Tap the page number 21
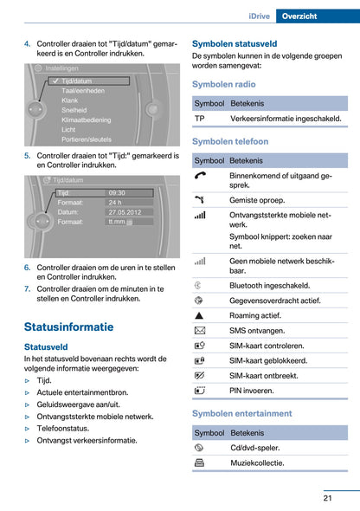click(x=329, y=496)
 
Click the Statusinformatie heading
click(x=68, y=327)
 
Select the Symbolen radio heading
click(x=223, y=84)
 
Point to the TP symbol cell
click(x=200, y=118)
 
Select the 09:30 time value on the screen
click(x=118, y=192)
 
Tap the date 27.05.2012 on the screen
click(x=125, y=211)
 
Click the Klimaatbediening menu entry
click(x=88, y=119)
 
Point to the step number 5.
click(x=28, y=156)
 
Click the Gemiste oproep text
click(x=257, y=198)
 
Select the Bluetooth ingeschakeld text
click(x=269, y=284)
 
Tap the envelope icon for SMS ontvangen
click(x=200, y=331)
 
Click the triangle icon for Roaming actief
click(x=200, y=315)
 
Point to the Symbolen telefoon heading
click(x=229, y=141)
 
